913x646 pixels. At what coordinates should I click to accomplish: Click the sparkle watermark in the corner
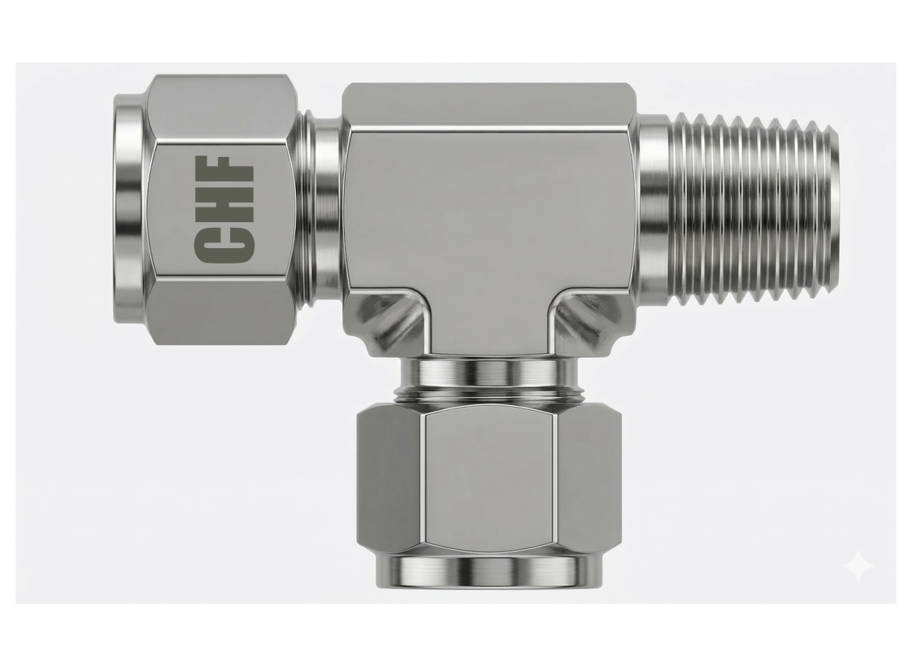click(859, 566)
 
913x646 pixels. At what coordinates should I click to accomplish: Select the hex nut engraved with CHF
click(220, 209)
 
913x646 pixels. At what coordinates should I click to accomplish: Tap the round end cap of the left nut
click(129, 209)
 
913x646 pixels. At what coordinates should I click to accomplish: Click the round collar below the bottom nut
click(489, 571)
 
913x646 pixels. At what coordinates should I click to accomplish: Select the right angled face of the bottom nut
click(589, 480)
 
